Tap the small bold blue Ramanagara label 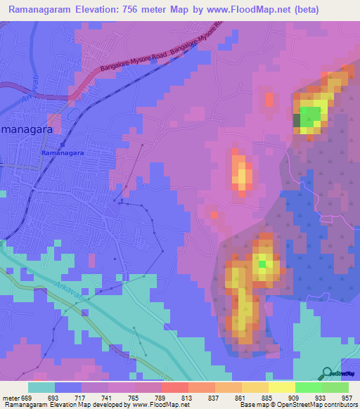63,152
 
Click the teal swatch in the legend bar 41,387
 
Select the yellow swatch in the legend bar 282,387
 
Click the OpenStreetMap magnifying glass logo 326,374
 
